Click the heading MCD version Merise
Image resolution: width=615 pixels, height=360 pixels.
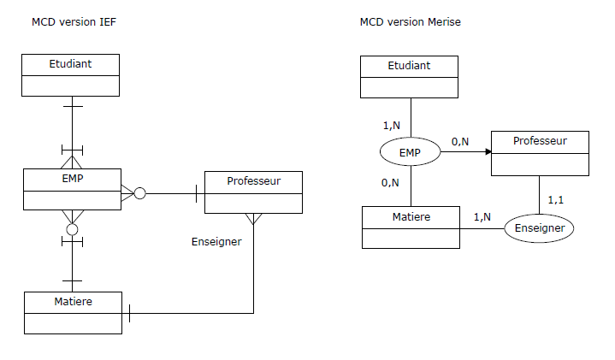pyautogui.click(x=410, y=22)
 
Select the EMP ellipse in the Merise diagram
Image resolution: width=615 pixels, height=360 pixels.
pyautogui.click(x=410, y=152)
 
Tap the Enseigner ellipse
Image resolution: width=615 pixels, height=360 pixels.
pyautogui.click(x=539, y=228)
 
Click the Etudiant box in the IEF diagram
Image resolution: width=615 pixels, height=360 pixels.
pyautogui.click(x=71, y=74)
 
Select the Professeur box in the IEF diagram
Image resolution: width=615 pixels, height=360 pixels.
pyautogui.click(x=253, y=192)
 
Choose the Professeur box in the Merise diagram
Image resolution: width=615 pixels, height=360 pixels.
pyautogui.click(x=539, y=153)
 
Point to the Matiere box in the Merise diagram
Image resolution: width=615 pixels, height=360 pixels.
pyautogui.click(x=411, y=227)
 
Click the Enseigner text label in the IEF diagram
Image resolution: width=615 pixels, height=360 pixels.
pyautogui.click(x=216, y=242)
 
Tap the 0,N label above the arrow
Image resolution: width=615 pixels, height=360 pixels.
pyautogui.click(x=460, y=141)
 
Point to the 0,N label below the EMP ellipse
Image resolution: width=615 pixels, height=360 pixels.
pyautogui.click(x=390, y=182)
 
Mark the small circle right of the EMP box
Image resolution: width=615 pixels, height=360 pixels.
pyautogui.click(x=140, y=193)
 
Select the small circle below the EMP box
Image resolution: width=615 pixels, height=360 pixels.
pyautogui.click(x=72, y=229)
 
